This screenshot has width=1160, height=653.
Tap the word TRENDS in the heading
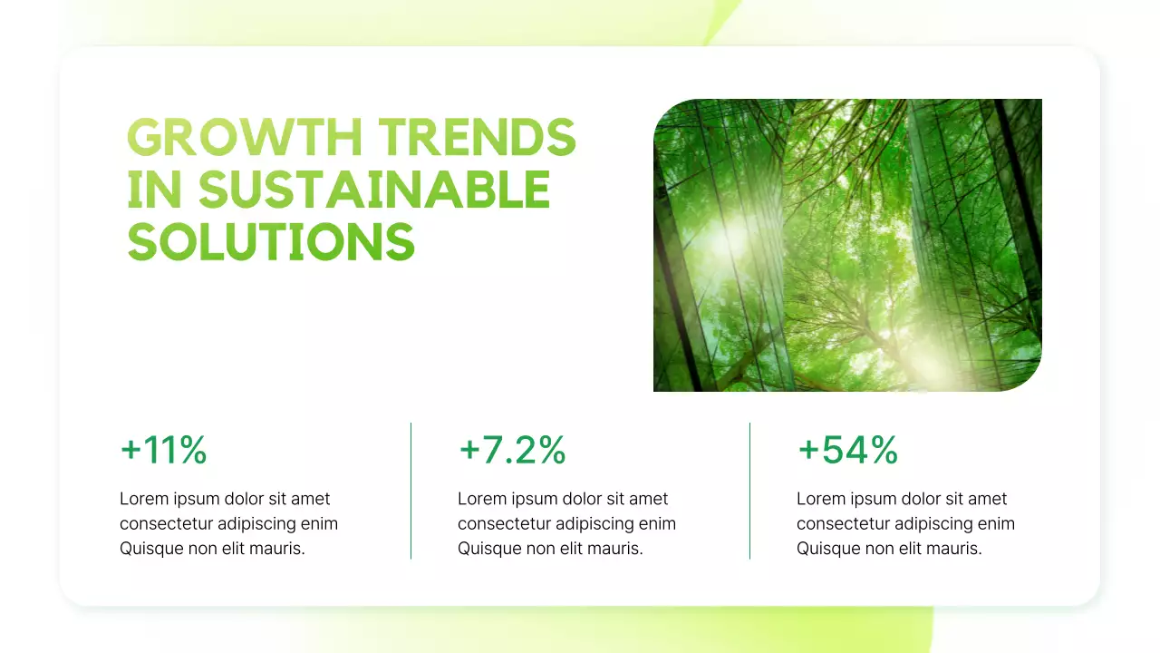coord(477,138)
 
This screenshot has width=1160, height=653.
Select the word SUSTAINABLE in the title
coord(374,190)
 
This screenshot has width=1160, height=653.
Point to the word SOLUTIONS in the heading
coord(271,242)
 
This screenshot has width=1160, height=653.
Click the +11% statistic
coord(164,451)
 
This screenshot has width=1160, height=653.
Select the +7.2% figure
coord(512,451)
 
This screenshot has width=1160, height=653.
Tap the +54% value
coord(847,451)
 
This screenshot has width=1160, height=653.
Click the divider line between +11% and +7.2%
coord(411,490)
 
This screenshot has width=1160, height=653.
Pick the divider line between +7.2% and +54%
coord(750,490)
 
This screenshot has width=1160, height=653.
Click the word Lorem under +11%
coord(142,499)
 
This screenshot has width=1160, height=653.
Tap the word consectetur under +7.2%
coord(503,524)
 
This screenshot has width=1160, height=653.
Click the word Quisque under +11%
coord(150,549)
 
